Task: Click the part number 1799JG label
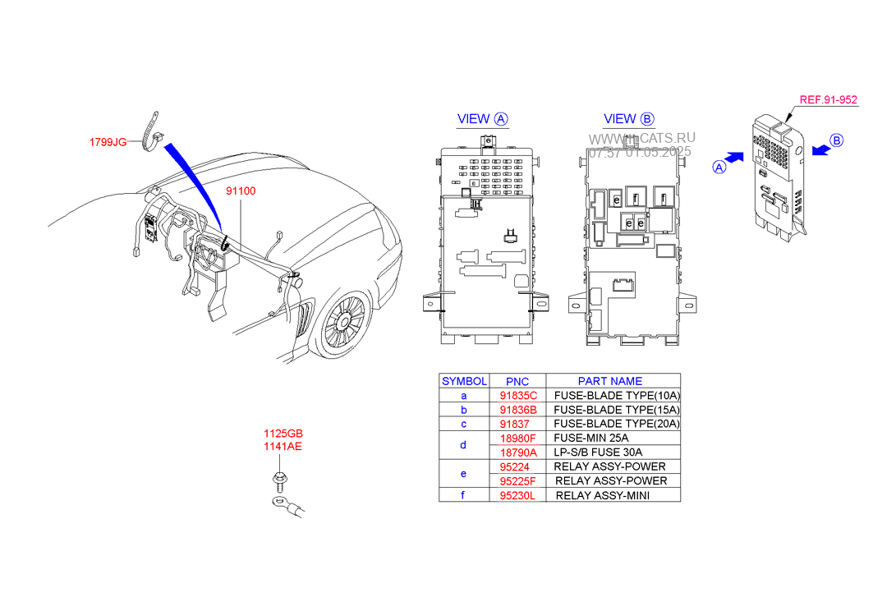(x=108, y=142)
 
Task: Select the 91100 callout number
(x=241, y=191)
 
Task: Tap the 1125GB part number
(x=283, y=434)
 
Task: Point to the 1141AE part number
(x=283, y=446)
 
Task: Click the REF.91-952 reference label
(x=829, y=99)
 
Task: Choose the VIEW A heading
(x=482, y=118)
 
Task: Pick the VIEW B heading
(x=628, y=118)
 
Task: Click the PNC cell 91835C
(x=518, y=396)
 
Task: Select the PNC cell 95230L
(x=517, y=496)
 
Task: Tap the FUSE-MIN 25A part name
(x=590, y=439)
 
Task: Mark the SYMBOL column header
(x=464, y=381)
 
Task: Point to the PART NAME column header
(x=609, y=381)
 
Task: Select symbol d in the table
(x=463, y=445)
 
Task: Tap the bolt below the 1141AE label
(x=279, y=479)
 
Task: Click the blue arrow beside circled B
(x=820, y=149)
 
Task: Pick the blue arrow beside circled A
(x=735, y=158)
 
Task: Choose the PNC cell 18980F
(x=517, y=439)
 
